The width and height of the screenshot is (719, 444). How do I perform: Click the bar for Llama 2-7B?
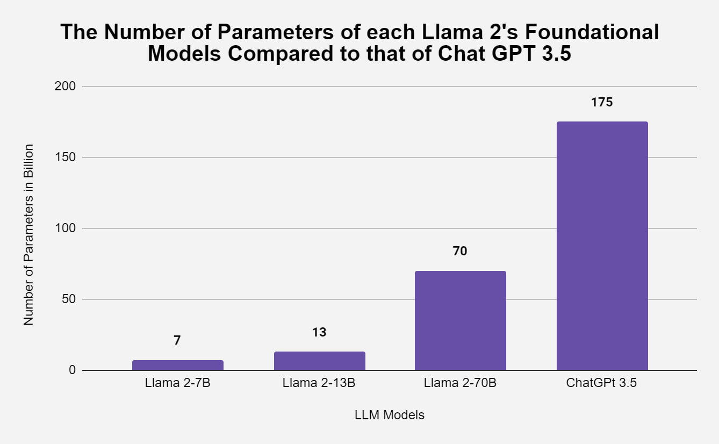pyautogui.click(x=177, y=365)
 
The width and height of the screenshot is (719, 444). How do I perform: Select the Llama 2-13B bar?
pyautogui.click(x=319, y=361)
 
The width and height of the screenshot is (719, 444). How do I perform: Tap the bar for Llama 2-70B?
pyautogui.click(x=461, y=320)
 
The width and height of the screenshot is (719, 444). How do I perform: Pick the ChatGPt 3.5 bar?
pyautogui.click(x=602, y=246)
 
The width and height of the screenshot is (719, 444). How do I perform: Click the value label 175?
pyautogui.click(x=602, y=102)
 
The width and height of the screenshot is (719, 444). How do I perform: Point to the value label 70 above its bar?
pyautogui.click(x=461, y=251)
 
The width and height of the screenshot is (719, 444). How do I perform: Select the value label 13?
pyautogui.click(x=319, y=332)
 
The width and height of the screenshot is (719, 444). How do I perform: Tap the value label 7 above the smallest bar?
pyautogui.click(x=177, y=340)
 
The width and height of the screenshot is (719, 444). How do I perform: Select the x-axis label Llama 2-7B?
pyautogui.click(x=177, y=384)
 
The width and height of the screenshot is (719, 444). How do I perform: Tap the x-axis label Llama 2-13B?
pyautogui.click(x=319, y=384)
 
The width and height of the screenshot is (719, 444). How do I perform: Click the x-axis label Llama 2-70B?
pyautogui.click(x=461, y=384)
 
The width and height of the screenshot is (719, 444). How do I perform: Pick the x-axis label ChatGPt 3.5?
pyautogui.click(x=602, y=384)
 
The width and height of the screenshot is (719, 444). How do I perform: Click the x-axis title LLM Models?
pyautogui.click(x=390, y=415)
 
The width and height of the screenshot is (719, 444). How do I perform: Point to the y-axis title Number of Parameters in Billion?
pyautogui.click(x=29, y=234)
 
